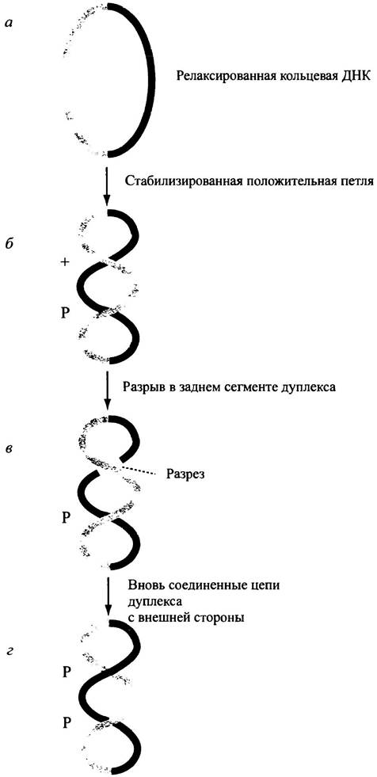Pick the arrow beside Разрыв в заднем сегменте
click(x=108, y=394)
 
